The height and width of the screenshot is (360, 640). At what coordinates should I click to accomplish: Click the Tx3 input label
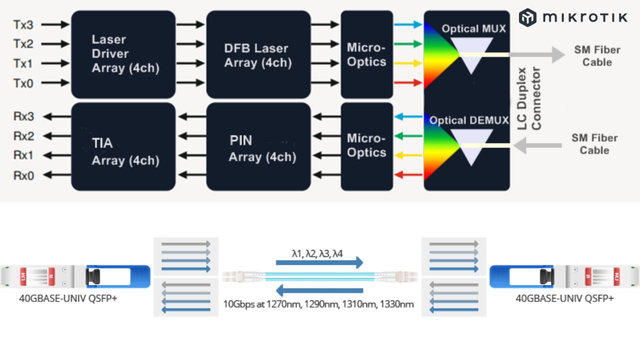pyautogui.click(x=23, y=24)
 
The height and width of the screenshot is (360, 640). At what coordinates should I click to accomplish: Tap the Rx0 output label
pyautogui.click(x=23, y=175)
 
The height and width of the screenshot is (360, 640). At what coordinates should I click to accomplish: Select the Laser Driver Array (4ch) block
pyautogui.click(x=123, y=54)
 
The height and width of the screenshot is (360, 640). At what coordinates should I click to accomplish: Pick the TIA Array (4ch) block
pyautogui.click(x=123, y=147)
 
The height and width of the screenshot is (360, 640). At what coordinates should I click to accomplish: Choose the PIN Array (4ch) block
pyautogui.click(x=258, y=147)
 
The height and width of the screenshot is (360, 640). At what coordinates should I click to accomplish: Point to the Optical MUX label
pyautogui.click(x=473, y=29)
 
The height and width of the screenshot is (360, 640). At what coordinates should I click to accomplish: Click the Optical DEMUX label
pyautogui.click(x=468, y=120)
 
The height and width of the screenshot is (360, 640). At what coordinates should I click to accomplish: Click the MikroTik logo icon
pyautogui.click(x=527, y=17)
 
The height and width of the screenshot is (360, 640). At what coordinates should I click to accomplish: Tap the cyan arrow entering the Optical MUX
pyautogui.click(x=407, y=24)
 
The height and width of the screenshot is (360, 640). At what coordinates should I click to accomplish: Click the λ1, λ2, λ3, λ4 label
pyautogui.click(x=317, y=253)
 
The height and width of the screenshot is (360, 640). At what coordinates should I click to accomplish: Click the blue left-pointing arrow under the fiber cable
pyautogui.click(x=319, y=290)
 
